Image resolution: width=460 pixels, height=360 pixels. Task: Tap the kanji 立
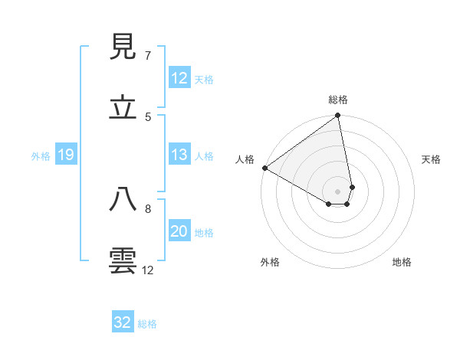123,108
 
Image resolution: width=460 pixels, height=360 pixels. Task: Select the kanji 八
123,200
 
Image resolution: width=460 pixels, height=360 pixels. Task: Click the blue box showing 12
179,78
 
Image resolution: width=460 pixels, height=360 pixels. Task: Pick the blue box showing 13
179,155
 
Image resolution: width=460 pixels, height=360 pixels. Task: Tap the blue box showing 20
179,232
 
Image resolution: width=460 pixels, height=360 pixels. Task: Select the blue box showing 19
66,155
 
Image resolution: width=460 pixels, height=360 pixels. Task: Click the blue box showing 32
123,322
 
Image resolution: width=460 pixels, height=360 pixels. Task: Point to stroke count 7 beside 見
148,56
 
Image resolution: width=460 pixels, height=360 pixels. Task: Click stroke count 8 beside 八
148,208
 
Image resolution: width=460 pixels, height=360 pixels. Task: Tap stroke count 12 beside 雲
148,270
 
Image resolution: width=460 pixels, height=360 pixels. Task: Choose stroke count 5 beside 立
148,116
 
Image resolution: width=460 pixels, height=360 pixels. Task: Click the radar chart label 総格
338,100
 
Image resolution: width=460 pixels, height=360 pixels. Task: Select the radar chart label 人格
245,159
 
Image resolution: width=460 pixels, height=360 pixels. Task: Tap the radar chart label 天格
431,159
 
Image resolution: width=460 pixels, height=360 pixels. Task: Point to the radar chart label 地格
402,262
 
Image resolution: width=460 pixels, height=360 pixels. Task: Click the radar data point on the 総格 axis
338,116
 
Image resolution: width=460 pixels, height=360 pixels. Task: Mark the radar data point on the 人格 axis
264,168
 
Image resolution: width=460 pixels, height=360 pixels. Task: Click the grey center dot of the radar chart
338,191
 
